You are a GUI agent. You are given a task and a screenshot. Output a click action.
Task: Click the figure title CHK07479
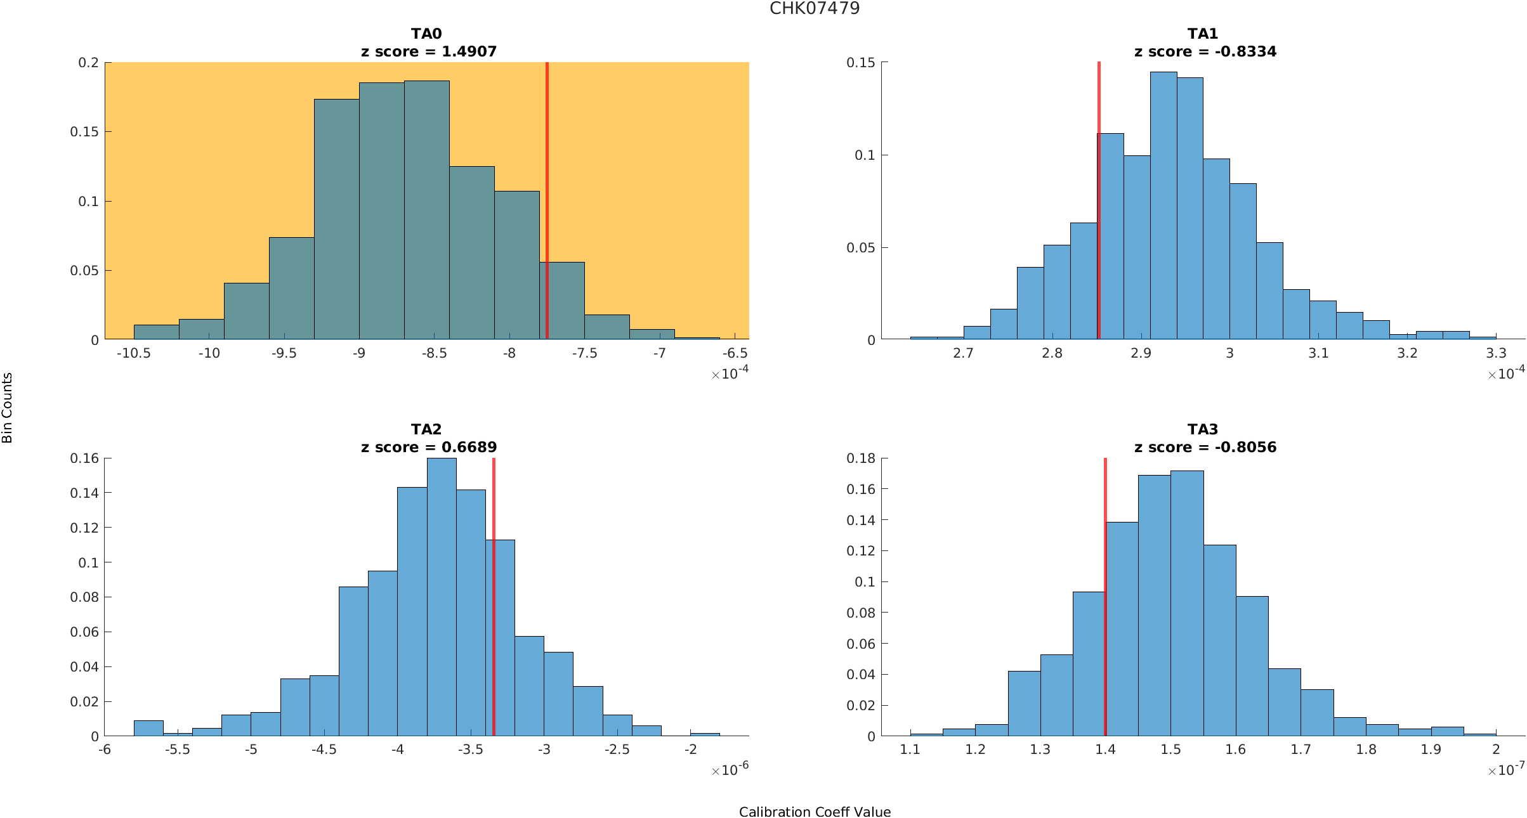[815, 8]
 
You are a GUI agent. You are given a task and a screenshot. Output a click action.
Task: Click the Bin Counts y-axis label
[7, 407]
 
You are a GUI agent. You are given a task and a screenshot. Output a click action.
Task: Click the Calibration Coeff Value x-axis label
[815, 812]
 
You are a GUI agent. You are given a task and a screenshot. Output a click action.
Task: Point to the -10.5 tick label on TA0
[133, 353]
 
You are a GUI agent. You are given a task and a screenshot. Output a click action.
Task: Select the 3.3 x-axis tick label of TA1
[1496, 353]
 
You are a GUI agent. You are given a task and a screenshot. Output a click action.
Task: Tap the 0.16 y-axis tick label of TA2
[84, 458]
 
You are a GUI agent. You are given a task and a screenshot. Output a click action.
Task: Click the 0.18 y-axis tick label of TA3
[861, 458]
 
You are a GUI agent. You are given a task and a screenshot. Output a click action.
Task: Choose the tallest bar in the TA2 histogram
[442, 596]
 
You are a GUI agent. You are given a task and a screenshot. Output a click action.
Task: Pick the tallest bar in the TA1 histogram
[1163, 206]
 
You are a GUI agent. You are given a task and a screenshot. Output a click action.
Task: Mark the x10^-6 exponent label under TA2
[730, 770]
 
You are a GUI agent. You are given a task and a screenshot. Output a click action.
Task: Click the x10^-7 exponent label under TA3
[1506, 770]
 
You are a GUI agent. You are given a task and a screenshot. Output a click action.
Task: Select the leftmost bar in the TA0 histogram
[156, 332]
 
